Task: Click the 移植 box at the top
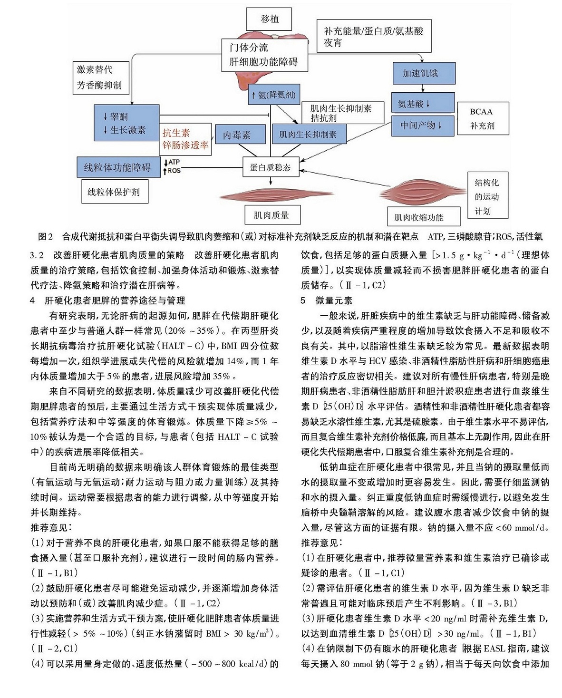(x=269, y=19)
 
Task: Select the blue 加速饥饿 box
(x=424, y=73)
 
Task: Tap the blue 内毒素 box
(x=240, y=134)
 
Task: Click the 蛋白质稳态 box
(x=271, y=167)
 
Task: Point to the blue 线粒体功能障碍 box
(x=119, y=167)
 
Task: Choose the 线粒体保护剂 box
(x=115, y=192)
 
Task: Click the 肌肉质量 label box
(x=272, y=215)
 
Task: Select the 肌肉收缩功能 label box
(x=424, y=216)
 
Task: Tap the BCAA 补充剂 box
(x=483, y=118)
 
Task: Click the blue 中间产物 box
(x=423, y=126)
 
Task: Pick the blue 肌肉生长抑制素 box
(x=309, y=134)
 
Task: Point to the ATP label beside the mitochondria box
(x=174, y=162)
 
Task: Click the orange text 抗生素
(x=176, y=132)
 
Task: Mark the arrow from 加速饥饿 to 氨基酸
(x=423, y=88)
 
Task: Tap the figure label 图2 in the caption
(x=45, y=236)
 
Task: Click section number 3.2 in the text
(x=37, y=255)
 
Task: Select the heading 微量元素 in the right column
(x=334, y=301)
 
